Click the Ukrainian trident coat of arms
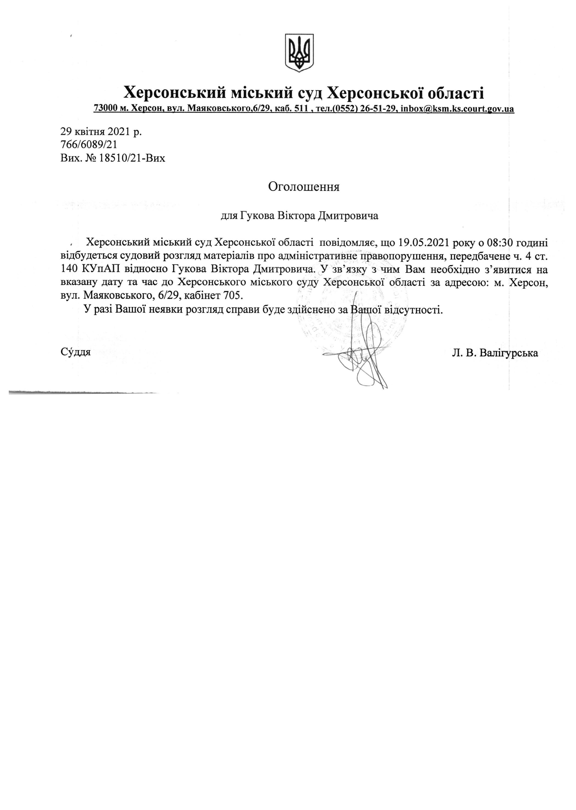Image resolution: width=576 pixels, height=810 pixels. click(299, 53)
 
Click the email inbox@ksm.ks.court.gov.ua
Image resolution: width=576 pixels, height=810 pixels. click(457, 109)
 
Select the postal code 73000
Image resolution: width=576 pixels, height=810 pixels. click(106, 109)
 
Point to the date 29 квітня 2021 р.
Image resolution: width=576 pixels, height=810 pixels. click(101, 132)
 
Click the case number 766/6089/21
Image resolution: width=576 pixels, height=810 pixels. click(89, 145)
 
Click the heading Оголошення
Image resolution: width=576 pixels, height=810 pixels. click(304, 187)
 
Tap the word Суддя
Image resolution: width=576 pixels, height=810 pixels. click(75, 352)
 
